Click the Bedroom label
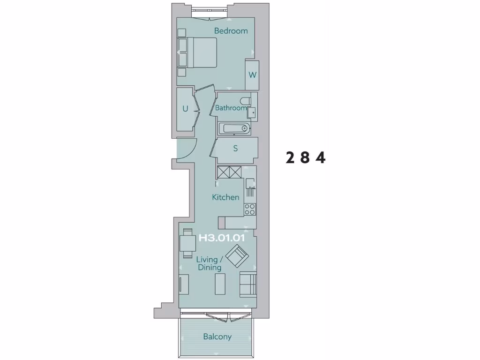click(x=231, y=31)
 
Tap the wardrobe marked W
click(x=252, y=75)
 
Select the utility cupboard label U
click(x=185, y=109)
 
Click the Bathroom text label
click(x=231, y=108)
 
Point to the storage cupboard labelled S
click(x=235, y=149)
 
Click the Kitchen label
click(x=225, y=197)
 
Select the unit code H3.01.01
click(x=222, y=238)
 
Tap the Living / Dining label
click(x=207, y=263)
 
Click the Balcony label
click(x=217, y=337)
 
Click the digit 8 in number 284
click(x=305, y=158)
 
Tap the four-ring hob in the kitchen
click(x=250, y=209)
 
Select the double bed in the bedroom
click(x=197, y=52)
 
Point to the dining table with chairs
click(x=187, y=243)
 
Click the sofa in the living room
click(x=248, y=284)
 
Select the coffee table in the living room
click(x=220, y=285)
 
